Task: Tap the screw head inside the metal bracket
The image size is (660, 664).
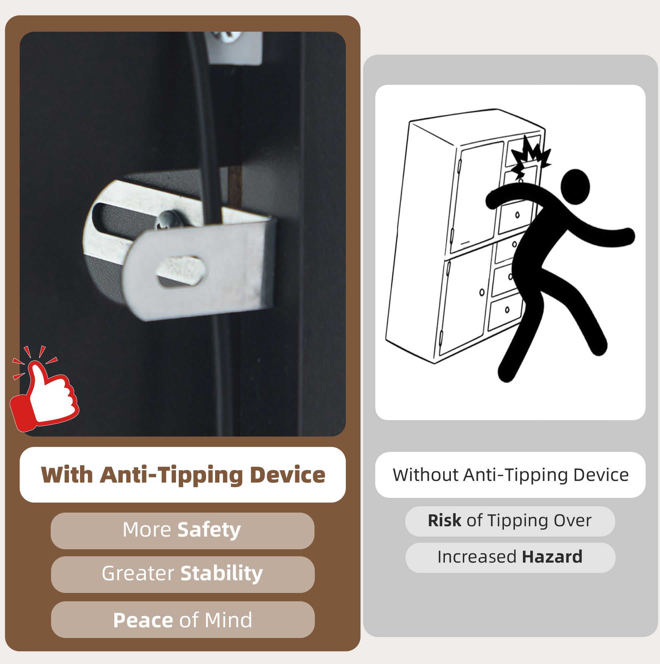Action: (169, 220)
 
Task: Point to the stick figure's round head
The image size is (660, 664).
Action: (575, 187)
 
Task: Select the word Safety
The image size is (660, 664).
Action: (209, 530)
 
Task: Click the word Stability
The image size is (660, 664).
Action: (222, 573)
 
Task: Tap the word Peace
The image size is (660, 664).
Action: (143, 620)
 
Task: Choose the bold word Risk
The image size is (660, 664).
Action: (445, 520)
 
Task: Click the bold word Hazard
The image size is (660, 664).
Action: (552, 557)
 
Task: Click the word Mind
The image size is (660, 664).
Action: (228, 620)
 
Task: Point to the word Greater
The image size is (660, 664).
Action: (138, 573)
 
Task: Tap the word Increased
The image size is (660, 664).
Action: (477, 557)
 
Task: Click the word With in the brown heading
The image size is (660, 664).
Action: (67, 475)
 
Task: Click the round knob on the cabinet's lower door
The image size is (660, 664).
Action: (482, 292)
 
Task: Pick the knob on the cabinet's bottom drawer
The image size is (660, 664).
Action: (507, 310)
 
